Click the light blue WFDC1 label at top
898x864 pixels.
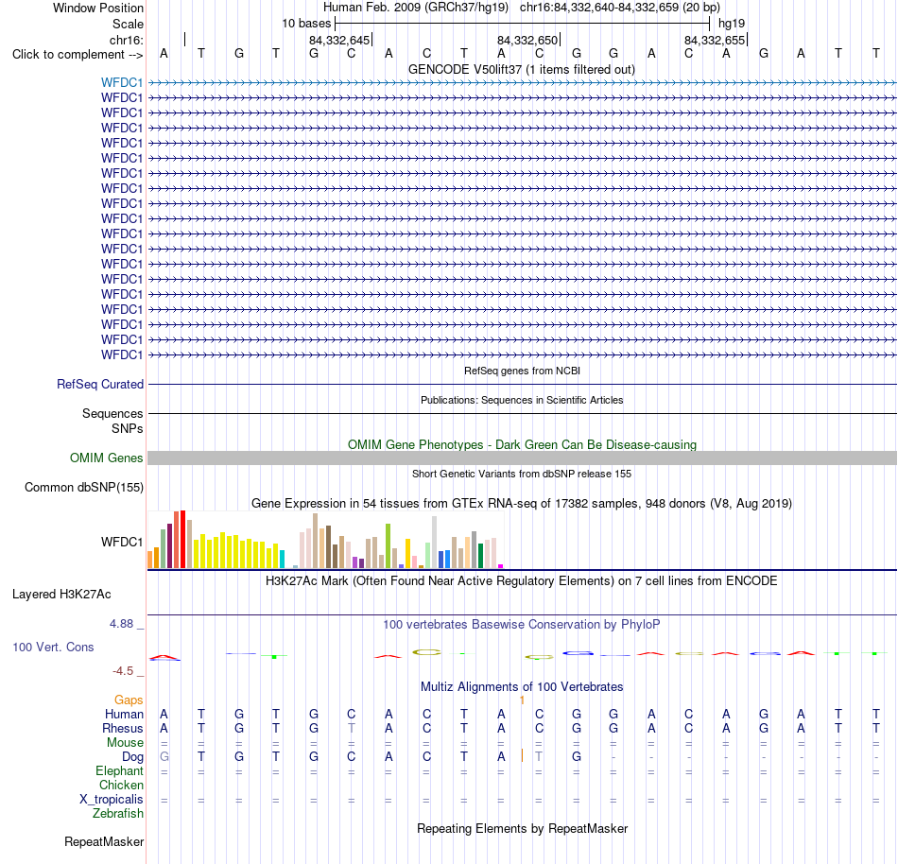pyautogui.click(x=121, y=83)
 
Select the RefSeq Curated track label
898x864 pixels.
pyautogui.click(x=100, y=384)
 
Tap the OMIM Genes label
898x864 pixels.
pyautogui.click(x=107, y=458)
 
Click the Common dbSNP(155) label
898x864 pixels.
pyautogui.click(x=84, y=487)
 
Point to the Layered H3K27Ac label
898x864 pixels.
pyautogui.click(x=61, y=595)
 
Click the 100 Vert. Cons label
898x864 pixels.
pyautogui.click(x=53, y=647)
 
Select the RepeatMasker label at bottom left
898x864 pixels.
pyautogui.click(x=104, y=841)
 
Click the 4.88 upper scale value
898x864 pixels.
pyautogui.click(x=121, y=624)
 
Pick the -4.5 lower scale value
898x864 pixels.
pyautogui.click(x=123, y=670)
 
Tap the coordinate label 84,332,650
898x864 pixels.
pyautogui.click(x=527, y=40)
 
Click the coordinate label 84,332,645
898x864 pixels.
pyautogui.click(x=339, y=40)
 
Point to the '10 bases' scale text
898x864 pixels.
pyautogui.click(x=306, y=24)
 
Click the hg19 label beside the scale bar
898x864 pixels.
pyautogui.click(x=732, y=24)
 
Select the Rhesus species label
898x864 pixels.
pyautogui.click(x=123, y=728)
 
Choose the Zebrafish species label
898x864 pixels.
pyautogui.click(x=118, y=813)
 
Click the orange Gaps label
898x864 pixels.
pyautogui.click(x=129, y=700)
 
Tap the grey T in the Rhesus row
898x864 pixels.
pyautogui.click(x=352, y=728)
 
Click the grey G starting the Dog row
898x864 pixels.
pyautogui.click(x=164, y=756)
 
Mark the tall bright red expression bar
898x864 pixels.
pyautogui.click(x=182, y=540)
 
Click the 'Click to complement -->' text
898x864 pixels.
pyautogui.click(x=78, y=55)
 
